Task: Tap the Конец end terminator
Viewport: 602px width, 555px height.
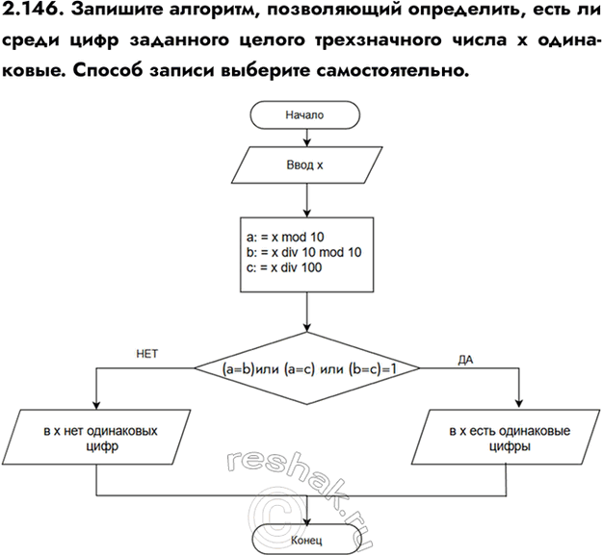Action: click(x=305, y=540)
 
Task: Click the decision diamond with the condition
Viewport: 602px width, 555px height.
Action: click(x=305, y=368)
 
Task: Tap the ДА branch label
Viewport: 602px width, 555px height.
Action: click(x=466, y=359)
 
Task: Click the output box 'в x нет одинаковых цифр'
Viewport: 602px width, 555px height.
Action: click(x=100, y=440)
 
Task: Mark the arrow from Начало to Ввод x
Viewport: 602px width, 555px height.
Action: click(x=305, y=136)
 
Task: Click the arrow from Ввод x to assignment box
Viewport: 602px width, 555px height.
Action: click(x=305, y=201)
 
